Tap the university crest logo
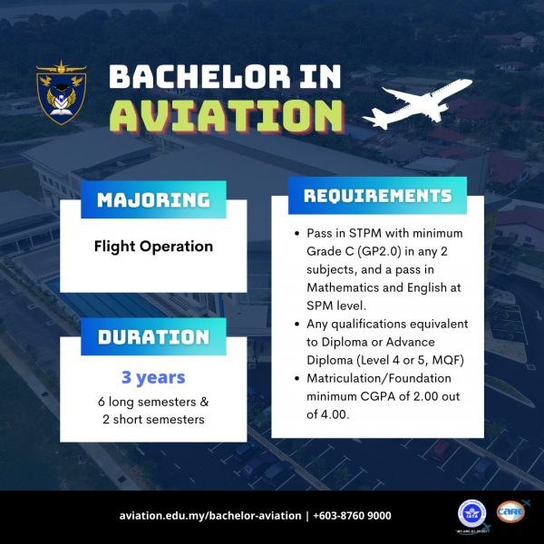[x=62, y=93]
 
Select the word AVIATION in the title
[x=228, y=116]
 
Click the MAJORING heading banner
[x=153, y=199]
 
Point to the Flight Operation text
[x=153, y=247]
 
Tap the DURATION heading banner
[x=153, y=336]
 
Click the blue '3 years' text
[x=153, y=377]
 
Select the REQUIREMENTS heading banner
[x=377, y=195]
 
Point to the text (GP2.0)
[x=379, y=251]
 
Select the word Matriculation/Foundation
[x=379, y=378]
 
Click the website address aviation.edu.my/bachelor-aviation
[x=210, y=516]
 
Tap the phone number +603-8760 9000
[x=352, y=516]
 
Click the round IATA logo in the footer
[x=471, y=514]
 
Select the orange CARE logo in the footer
[x=511, y=511]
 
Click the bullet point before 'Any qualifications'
[x=296, y=324]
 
